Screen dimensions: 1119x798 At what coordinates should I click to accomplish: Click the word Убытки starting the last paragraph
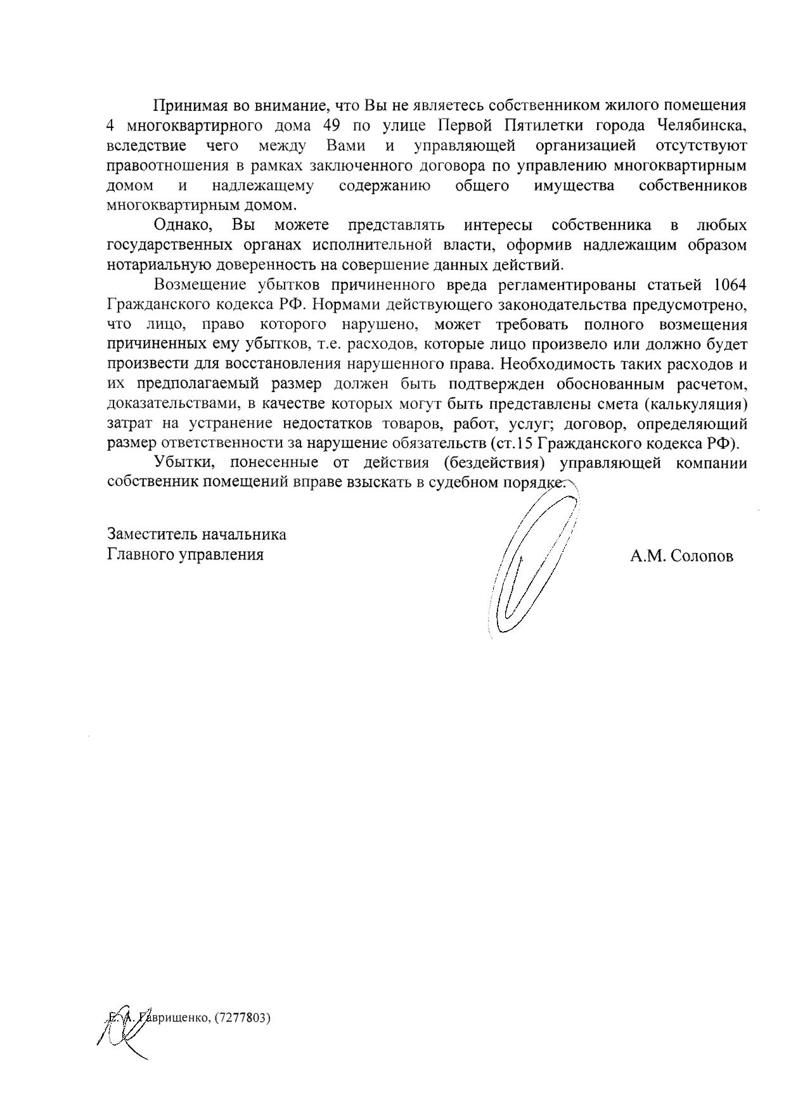coord(183,463)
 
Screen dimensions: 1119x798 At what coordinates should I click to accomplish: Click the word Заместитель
coord(151,534)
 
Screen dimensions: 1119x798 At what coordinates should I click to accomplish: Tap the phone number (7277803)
coord(243,1018)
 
